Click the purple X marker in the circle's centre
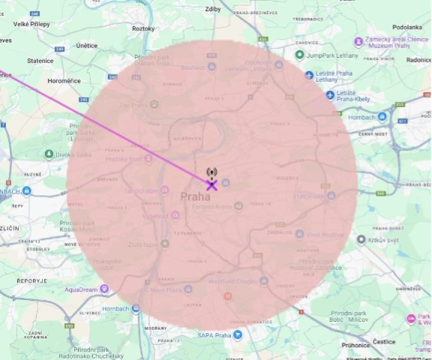click(212, 184)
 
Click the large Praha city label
click(195, 196)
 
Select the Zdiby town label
click(213, 9)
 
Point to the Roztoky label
click(142, 28)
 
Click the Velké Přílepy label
click(31, 24)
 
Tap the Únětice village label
click(86, 45)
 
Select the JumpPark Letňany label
click(336, 55)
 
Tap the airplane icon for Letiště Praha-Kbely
click(331, 94)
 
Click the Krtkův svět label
click(382, 240)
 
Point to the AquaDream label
click(82, 289)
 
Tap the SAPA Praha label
click(214, 335)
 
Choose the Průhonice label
click(355, 346)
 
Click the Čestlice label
click(384, 341)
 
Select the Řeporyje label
click(32, 280)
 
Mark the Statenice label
click(40, 60)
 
